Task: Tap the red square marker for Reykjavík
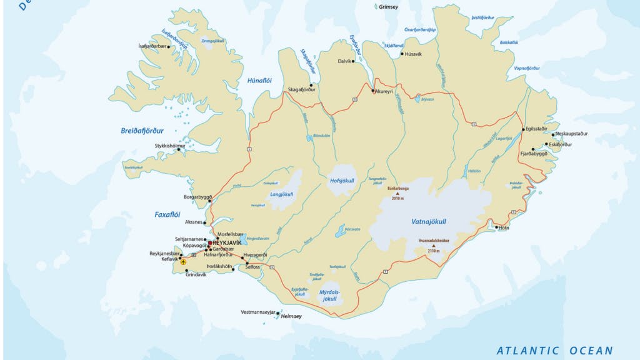coord(210,243)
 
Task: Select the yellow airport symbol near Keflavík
coord(183,262)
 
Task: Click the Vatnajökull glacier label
coord(428,221)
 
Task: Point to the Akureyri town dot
coord(372,91)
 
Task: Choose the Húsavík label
coord(413,54)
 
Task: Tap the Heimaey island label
coord(291,317)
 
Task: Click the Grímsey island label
coord(387,7)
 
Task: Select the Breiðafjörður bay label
coord(142,131)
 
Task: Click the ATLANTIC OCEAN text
coord(554,351)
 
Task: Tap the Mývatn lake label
coord(427,99)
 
